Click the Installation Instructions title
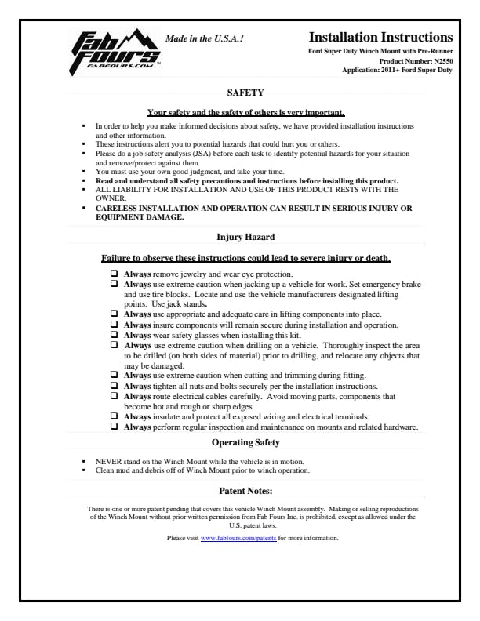[x=380, y=37]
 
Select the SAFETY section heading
[x=239, y=93]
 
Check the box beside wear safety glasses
[x=115, y=333]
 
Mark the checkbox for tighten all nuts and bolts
[x=115, y=386]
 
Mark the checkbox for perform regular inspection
[x=115, y=427]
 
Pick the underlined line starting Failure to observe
[x=246, y=258]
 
